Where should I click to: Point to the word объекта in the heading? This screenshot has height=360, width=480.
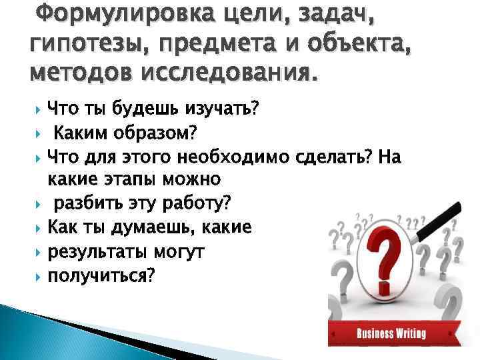[349, 43]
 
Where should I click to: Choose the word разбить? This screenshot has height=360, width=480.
[83, 202]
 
